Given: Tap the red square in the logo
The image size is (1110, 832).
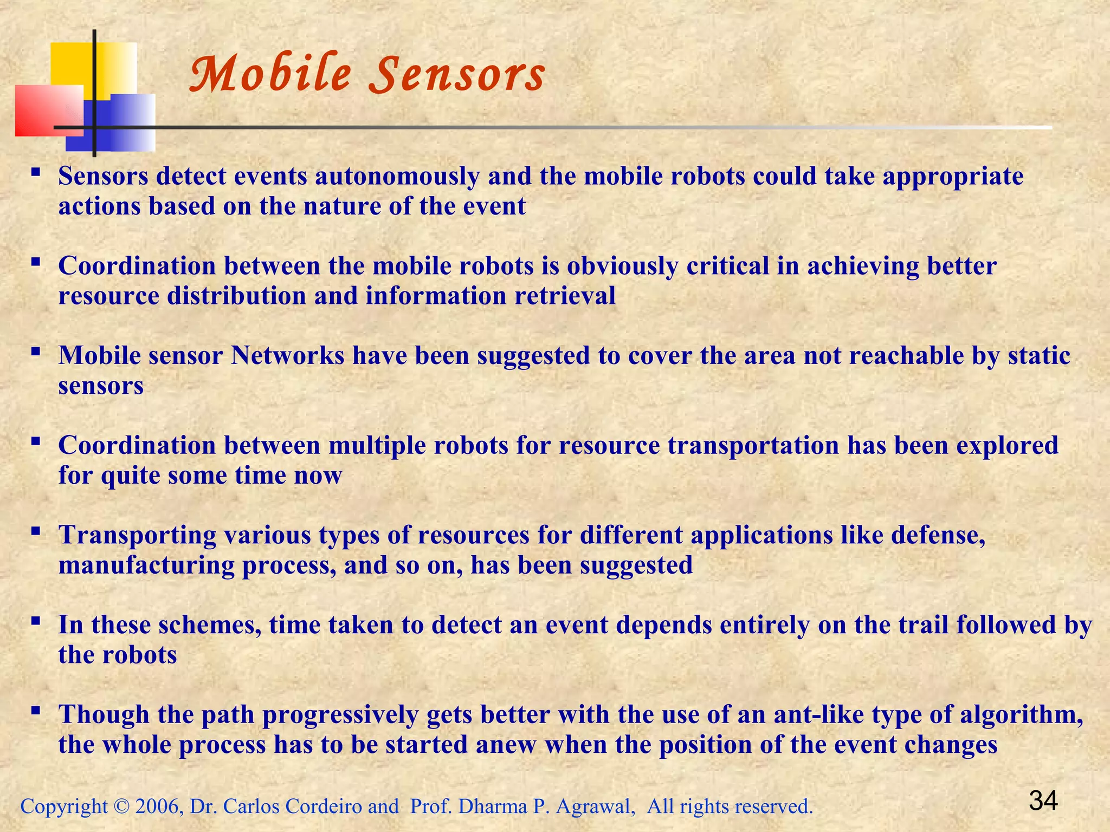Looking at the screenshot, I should tap(49, 110).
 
